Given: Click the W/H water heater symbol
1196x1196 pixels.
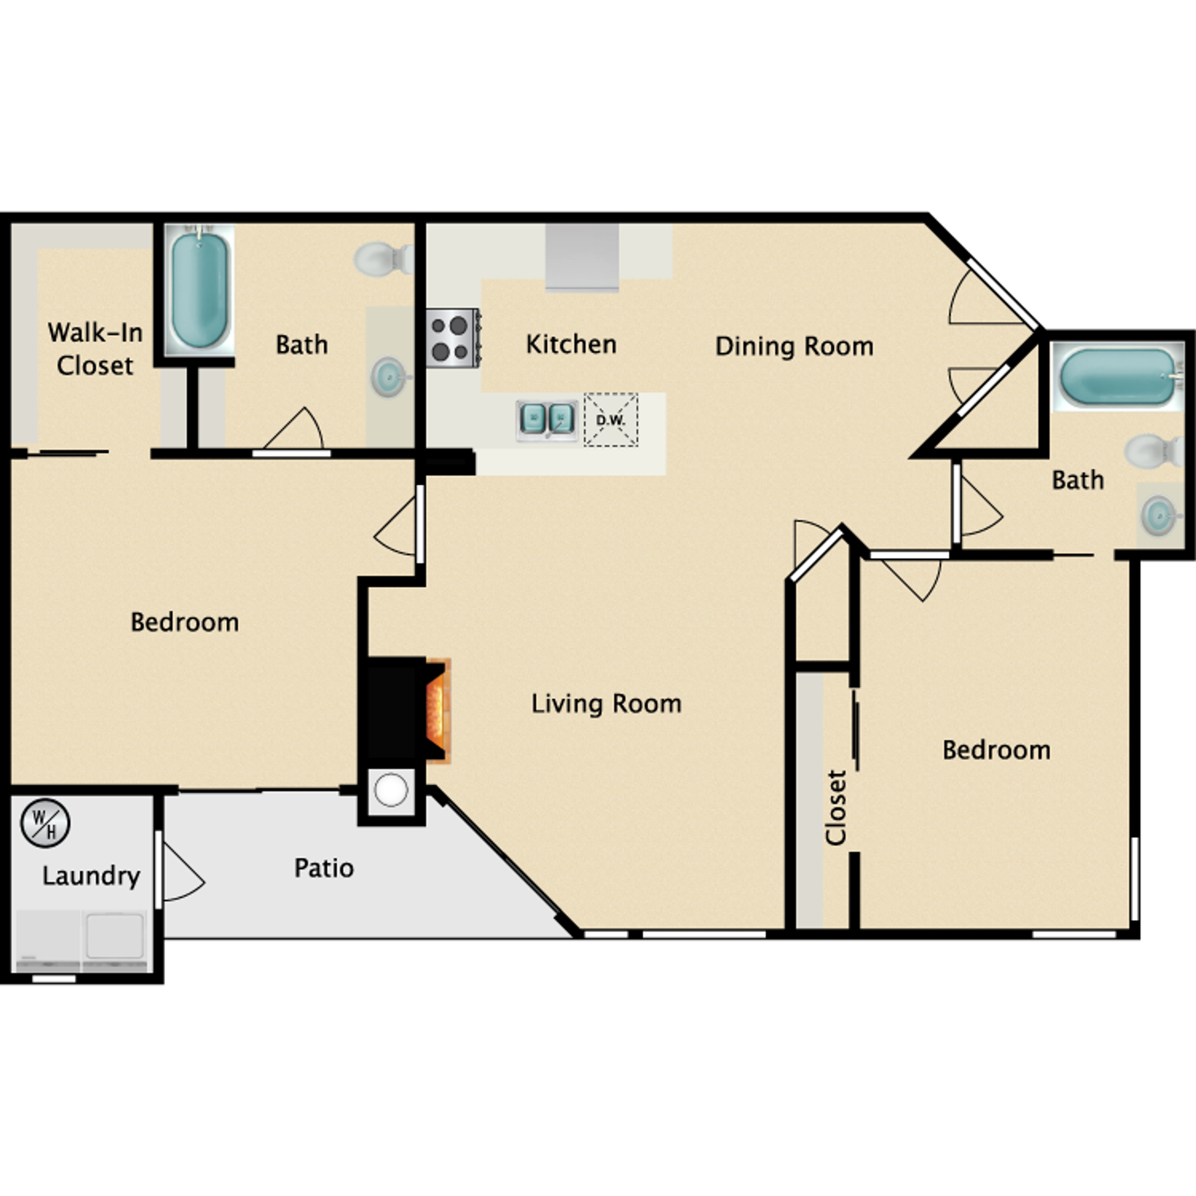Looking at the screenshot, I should coord(45,823).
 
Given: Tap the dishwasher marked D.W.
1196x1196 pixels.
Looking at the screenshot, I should coord(610,420).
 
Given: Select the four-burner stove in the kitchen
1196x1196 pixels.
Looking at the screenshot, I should coord(453,338).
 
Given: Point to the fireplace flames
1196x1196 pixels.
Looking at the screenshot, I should coord(437,711).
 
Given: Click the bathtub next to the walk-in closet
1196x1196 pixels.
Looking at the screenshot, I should coord(199,290).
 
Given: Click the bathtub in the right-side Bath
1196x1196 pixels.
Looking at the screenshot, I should coord(1116,376).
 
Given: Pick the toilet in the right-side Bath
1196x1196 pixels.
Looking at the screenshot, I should coord(1152,450).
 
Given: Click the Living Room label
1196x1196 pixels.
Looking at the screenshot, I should coord(606,704).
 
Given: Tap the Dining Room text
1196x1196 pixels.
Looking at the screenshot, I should coord(794,346).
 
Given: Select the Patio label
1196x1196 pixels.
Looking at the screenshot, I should coord(324,868).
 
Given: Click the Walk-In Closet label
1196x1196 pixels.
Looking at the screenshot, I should coord(95,349).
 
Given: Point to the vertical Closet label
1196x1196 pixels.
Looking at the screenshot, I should coord(836,808).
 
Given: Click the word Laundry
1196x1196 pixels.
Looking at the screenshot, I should coord(91,876).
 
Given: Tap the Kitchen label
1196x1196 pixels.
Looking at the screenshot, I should coord(571,344).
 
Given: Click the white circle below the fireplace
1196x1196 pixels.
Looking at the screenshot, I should coord(391,790).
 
